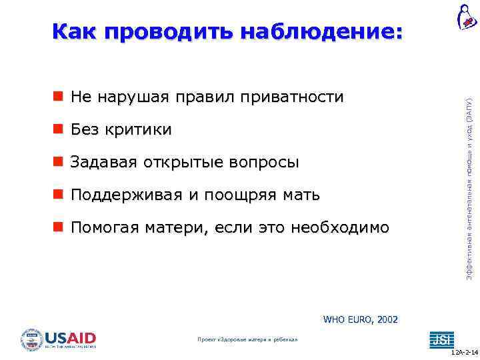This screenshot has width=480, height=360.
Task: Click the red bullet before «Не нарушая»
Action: [59, 97]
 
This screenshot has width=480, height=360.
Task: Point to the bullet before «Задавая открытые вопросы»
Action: [59, 162]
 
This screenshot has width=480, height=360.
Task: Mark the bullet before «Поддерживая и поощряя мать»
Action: [59, 195]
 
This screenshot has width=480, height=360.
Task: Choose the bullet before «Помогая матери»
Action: [59, 227]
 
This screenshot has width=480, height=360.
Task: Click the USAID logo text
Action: [70, 338]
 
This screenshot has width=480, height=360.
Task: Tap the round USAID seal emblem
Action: [32, 339]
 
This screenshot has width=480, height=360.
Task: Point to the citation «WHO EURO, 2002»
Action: [360, 320]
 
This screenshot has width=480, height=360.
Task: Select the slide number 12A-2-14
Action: [464, 352]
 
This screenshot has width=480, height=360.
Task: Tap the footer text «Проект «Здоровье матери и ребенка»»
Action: [247, 340]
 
